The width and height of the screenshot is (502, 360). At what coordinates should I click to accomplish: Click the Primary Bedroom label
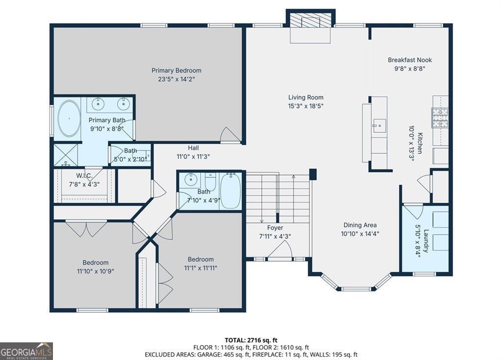pyautogui.click(x=176, y=71)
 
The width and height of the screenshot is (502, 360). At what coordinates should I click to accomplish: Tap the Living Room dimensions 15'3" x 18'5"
pyautogui.click(x=306, y=106)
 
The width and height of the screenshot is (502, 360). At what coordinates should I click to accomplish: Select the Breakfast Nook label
pyautogui.click(x=410, y=60)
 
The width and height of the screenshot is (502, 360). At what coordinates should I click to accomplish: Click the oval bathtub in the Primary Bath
pyautogui.click(x=69, y=119)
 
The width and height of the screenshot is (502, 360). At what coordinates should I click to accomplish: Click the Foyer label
pyautogui.click(x=276, y=228)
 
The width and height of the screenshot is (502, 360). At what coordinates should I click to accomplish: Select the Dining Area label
pyautogui.click(x=360, y=225)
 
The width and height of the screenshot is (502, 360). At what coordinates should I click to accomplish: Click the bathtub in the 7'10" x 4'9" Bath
pyautogui.click(x=230, y=191)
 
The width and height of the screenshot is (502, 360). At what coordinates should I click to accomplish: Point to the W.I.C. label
pyautogui.click(x=84, y=176)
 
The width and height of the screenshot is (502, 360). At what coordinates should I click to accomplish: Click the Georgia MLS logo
pyautogui.click(x=26, y=351)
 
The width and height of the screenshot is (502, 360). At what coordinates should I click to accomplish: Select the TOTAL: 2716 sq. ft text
pyautogui.click(x=251, y=340)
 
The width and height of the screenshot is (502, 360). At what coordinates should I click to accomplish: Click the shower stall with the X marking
pyautogui.click(x=66, y=155)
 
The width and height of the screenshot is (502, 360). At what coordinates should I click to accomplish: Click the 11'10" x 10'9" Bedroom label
pyautogui.click(x=96, y=263)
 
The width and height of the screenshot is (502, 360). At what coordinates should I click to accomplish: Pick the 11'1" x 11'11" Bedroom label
pyautogui.click(x=201, y=259)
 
